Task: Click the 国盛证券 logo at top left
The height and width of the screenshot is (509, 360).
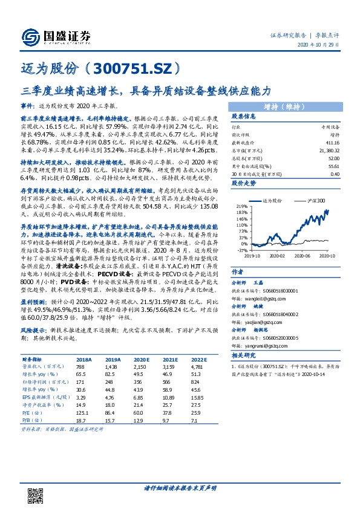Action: (55, 34)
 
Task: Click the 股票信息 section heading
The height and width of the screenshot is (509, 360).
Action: (244, 117)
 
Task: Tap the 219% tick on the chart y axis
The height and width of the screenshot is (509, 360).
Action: (242, 206)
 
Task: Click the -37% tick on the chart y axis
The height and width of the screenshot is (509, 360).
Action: (242, 249)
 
